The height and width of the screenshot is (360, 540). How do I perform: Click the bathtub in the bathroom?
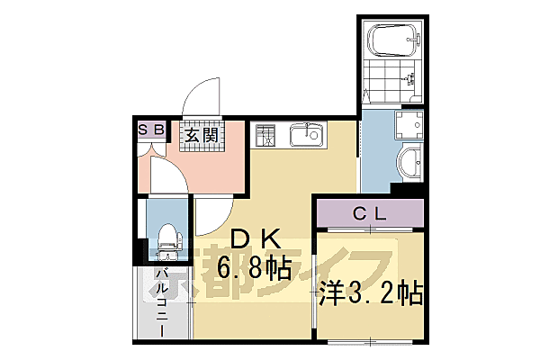pyautogui.click(x=393, y=39)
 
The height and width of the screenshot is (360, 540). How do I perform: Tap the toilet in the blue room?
pyautogui.click(x=168, y=238)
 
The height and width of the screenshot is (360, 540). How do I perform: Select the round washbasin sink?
pyautogui.click(x=411, y=166)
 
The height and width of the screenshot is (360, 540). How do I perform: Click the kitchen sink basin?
pyautogui.click(x=307, y=137)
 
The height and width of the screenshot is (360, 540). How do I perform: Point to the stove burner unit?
pyautogui.click(x=266, y=136)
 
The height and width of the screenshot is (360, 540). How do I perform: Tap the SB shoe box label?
pyautogui.click(x=150, y=130)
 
